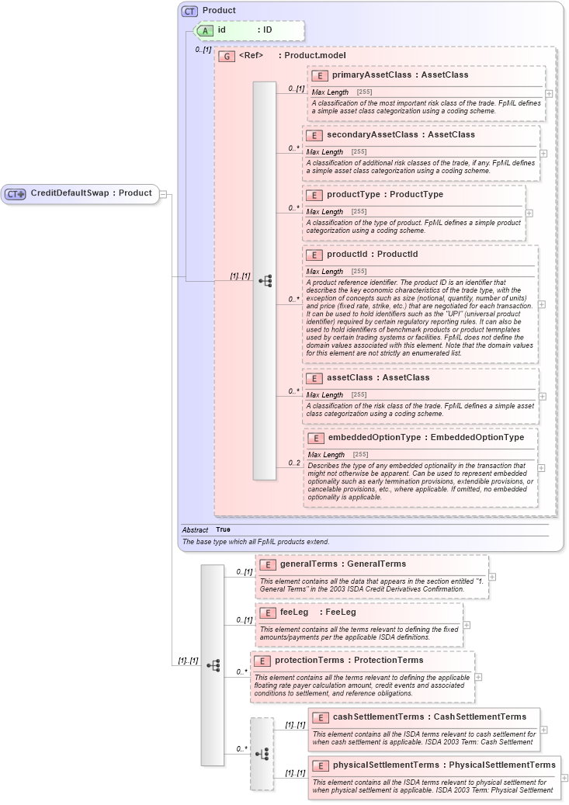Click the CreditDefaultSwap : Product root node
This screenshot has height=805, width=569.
click(82, 193)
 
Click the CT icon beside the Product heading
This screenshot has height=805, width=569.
click(189, 12)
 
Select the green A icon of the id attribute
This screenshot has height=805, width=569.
click(206, 30)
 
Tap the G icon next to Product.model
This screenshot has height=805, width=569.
click(227, 56)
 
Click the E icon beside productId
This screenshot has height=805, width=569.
click(314, 255)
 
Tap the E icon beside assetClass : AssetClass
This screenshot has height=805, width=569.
click(314, 378)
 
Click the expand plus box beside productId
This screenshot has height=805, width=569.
click(541, 305)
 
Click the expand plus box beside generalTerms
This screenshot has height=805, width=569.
click(492, 577)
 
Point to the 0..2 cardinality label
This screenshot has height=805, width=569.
click(294, 463)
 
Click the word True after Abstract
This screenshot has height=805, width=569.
click(223, 529)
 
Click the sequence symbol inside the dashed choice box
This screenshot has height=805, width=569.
click(262, 754)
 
